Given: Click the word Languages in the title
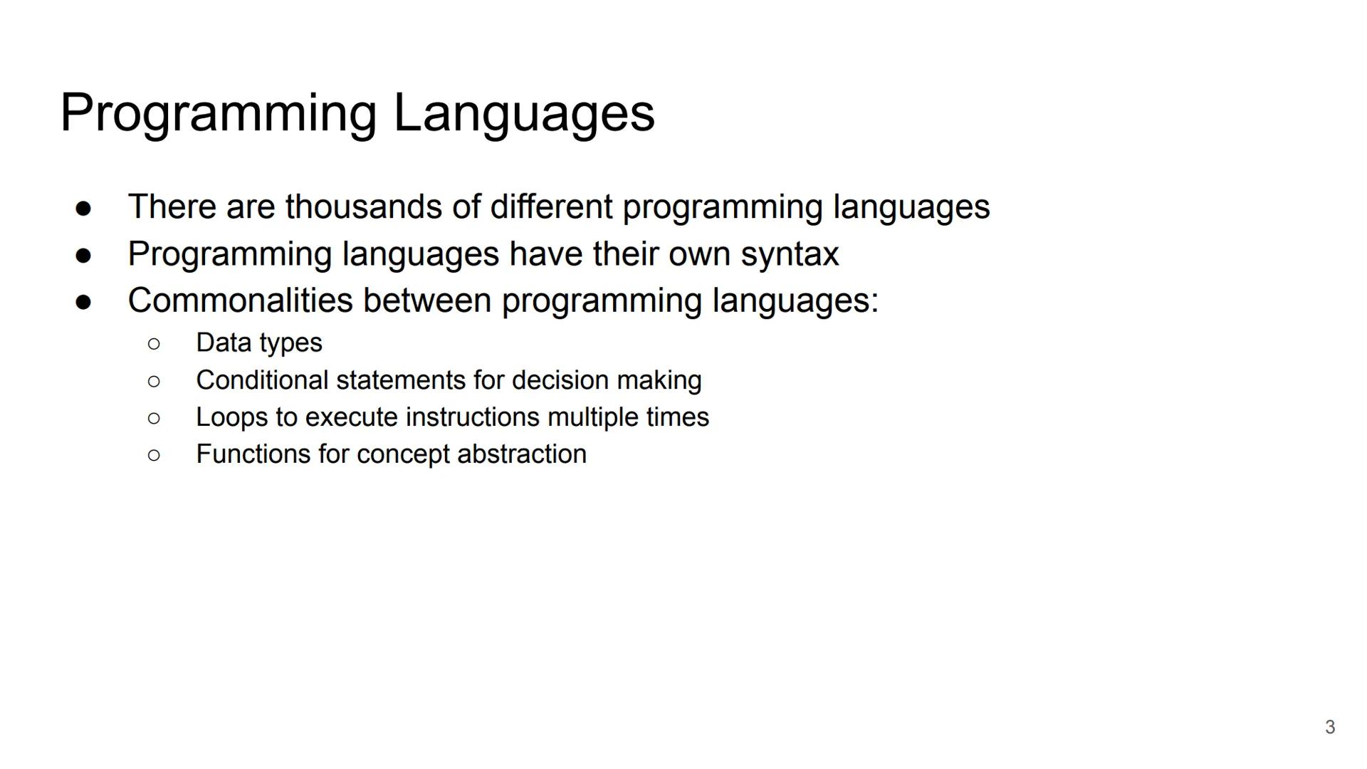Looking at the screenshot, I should pos(523,113).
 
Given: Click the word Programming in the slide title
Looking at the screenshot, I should pos(218,113).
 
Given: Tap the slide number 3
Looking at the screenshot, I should pos(1329,727).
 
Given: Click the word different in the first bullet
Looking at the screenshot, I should pos(550,207).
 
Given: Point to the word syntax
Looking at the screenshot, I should pos(790,254).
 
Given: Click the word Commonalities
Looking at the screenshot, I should pos(240,300).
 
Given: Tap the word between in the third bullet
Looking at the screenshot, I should pos(426,300).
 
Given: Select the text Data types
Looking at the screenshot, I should pos(259,343).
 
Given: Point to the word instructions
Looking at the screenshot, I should pos(472,417).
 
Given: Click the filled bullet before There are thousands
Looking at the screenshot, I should pos(83,209).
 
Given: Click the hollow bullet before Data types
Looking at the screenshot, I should pos(154,345).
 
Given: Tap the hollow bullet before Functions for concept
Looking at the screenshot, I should pos(154,456).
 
